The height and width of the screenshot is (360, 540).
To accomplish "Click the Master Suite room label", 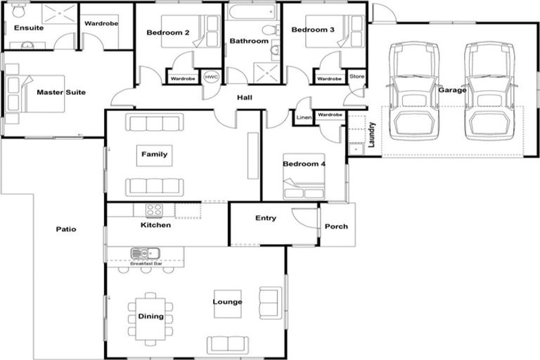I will [x=61, y=92].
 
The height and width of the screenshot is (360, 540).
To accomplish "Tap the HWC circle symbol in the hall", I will [x=210, y=77].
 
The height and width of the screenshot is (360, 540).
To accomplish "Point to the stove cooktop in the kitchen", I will [x=154, y=209].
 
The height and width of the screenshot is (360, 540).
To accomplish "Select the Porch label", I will [x=336, y=226].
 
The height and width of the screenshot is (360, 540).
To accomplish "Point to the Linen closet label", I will [x=304, y=118].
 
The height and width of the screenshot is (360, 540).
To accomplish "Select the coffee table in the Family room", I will [x=154, y=155].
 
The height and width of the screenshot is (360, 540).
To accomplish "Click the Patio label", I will [x=65, y=229].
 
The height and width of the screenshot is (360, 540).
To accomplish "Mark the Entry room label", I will [x=265, y=218].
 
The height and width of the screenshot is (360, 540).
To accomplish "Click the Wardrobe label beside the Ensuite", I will [x=101, y=23].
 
